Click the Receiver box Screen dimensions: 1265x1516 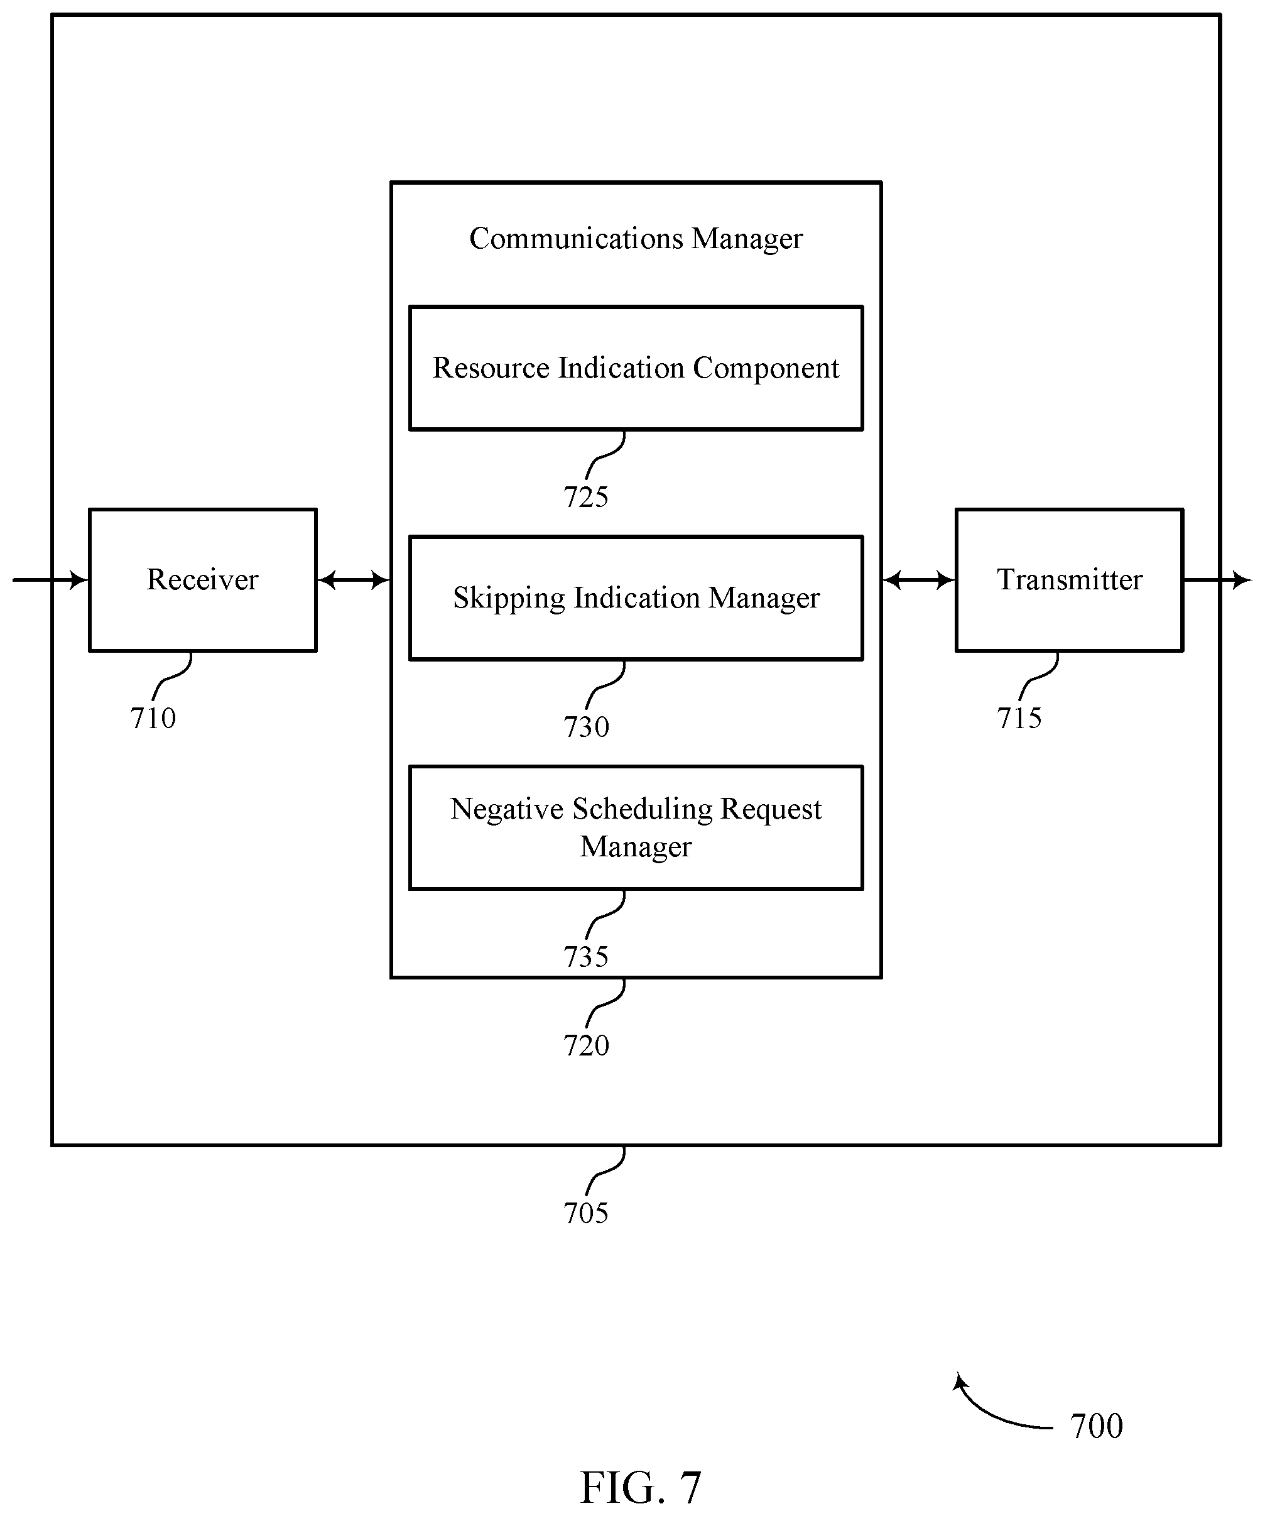coord(203,580)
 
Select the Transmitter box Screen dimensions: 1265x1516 coord(1070,580)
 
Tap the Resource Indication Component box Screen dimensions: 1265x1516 coord(636,368)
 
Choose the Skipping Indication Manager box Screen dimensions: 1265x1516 coord(636,597)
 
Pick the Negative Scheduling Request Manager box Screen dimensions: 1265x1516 coord(636,827)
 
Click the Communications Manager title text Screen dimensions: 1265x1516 coord(636,239)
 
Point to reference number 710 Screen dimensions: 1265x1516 coord(153,718)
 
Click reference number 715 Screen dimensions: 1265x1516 coord(1019,718)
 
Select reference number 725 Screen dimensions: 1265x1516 coord(586,498)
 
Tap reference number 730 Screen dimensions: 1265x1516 coord(586,727)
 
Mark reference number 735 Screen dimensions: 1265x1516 coord(586,957)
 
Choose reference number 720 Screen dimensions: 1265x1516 coord(586,1045)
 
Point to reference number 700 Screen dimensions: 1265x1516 coord(1096,1426)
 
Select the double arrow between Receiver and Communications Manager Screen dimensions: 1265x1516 coord(354,580)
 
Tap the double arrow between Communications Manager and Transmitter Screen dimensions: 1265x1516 coord(919,580)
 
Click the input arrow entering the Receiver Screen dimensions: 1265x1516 coord(50,580)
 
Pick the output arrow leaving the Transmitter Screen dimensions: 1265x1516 coord(1217,580)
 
